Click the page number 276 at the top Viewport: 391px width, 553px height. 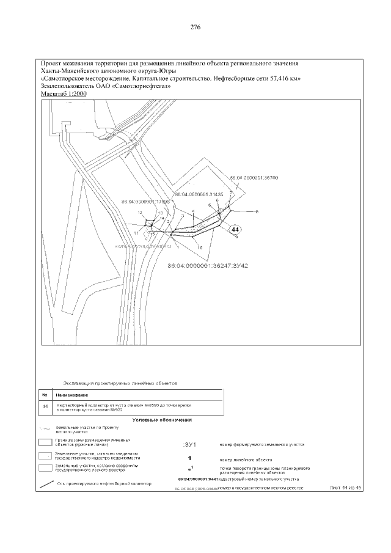(195, 27)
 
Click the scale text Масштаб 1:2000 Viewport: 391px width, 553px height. (64, 95)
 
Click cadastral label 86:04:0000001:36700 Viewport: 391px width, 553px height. (254, 178)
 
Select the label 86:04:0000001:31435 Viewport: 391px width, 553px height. (199, 194)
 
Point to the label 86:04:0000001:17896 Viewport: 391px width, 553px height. (145, 201)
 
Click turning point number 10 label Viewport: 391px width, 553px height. (200, 247)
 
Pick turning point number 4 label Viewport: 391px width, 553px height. (193, 211)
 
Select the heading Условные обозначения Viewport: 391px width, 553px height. (162, 420)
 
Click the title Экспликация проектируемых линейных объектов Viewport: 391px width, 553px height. (120, 383)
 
